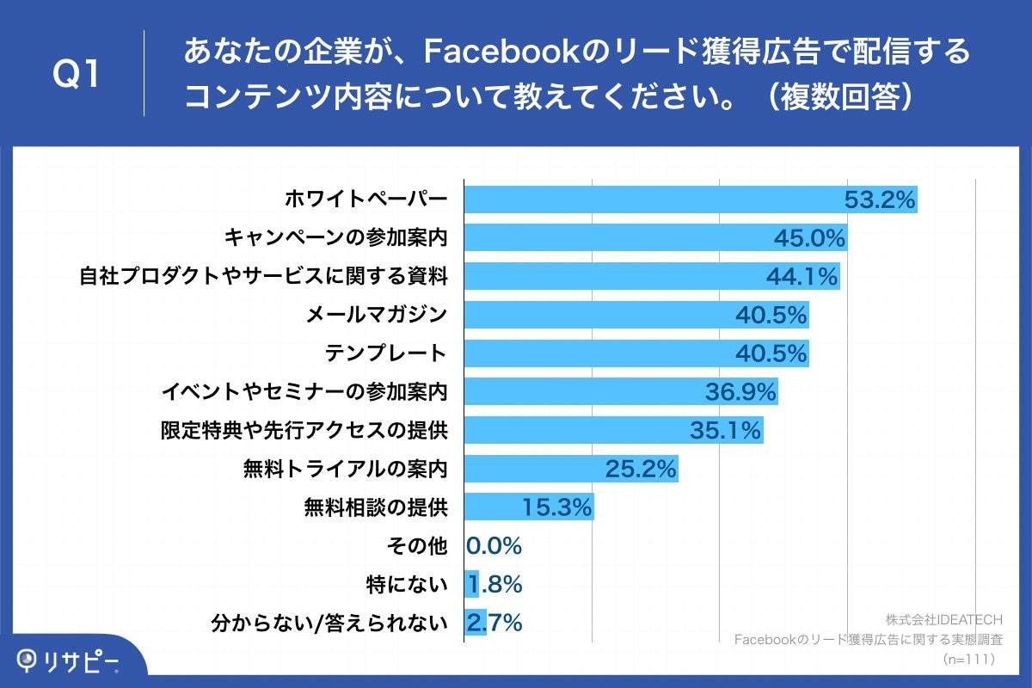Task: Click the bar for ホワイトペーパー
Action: coord(654,200)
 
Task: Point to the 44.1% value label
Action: coord(801,277)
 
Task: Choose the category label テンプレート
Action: coord(386,353)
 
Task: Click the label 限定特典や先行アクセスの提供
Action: coord(304,430)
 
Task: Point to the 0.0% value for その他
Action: coord(494,546)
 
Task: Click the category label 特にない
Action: coord(407,585)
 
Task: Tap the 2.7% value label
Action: coord(494,623)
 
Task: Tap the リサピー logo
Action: coord(69,660)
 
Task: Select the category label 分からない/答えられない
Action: coord(330,623)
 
